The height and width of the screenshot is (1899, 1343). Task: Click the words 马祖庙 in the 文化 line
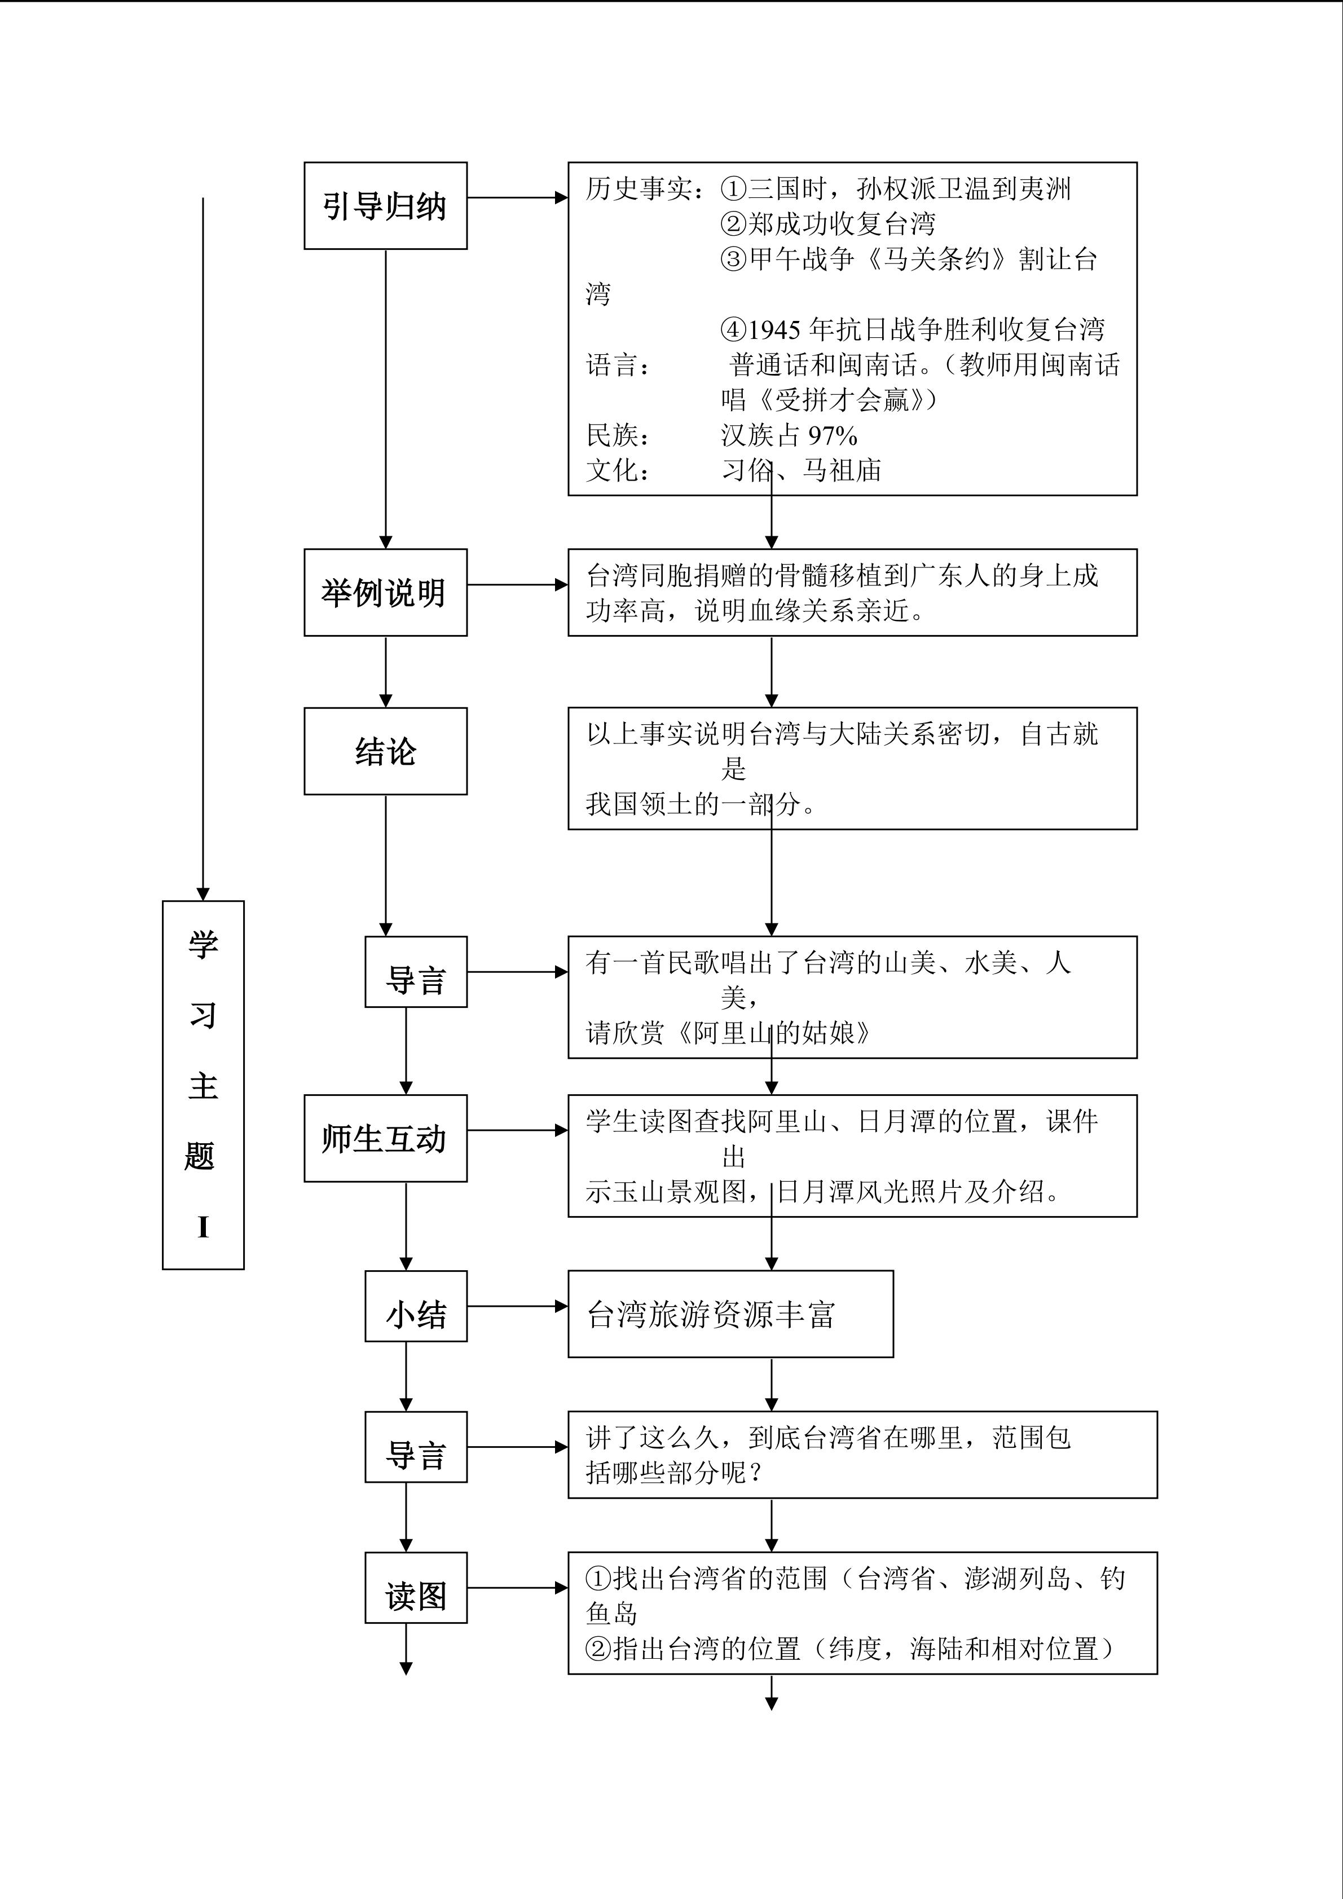(842, 470)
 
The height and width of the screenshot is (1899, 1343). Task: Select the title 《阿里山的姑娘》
(774, 1032)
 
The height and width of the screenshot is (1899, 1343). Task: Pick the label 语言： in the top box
(619, 365)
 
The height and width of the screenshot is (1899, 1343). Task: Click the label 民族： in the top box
(619, 435)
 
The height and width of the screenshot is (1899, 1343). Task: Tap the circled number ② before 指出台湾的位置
(598, 1649)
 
